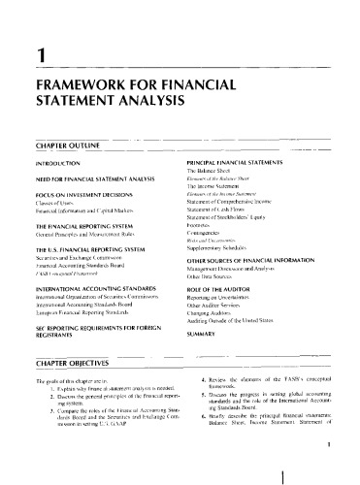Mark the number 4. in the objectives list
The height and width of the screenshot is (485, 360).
click(x=194, y=385)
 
